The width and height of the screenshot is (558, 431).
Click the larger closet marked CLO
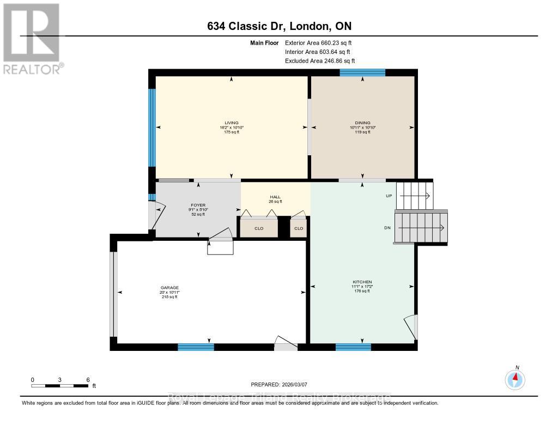(259, 228)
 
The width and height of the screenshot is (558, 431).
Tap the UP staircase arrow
(420, 196)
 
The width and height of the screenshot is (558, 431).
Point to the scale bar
(60, 386)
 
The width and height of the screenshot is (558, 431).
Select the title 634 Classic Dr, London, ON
(278, 27)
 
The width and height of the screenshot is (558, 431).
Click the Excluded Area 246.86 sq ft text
(324, 61)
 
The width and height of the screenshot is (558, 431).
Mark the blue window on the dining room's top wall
(362, 72)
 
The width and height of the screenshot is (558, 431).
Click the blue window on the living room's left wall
(152, 128)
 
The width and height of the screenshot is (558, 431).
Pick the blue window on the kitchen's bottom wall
(353, 347)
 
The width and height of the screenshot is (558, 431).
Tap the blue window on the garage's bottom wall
(196, 347)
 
